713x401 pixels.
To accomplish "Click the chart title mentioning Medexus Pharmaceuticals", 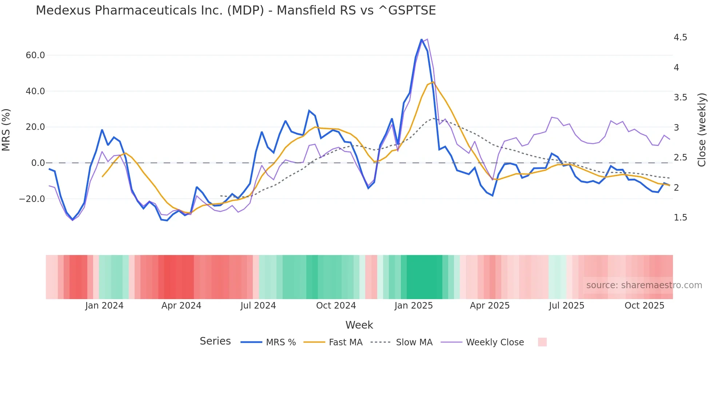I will click(x=236, y=11).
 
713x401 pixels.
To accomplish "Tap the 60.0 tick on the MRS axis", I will click(x=35, y=55).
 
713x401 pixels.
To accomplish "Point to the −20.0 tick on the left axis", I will click(x=32, y=199).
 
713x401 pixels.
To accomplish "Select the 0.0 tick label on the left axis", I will click(x=38, y=163).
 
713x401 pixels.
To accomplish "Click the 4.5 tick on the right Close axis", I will click(x=680, y=37).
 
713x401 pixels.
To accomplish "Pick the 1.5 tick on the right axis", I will click(x=680, y=218).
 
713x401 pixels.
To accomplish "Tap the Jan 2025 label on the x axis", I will click(x=414, y=306).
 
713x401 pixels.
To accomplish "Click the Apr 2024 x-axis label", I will click(x=181, y=306).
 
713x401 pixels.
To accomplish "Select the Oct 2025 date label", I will click(x=644, y=306).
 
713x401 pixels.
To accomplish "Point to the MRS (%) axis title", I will click(x=6, y=130).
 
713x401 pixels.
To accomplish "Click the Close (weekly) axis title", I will click(x=702, y=130).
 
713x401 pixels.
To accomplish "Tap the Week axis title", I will click(x=359, y=325).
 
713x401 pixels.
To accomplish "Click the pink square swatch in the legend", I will click(x=542, y=342).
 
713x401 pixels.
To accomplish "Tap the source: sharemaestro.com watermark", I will click(x=644, y=285).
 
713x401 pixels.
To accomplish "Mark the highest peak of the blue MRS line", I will click(x=422, y=39).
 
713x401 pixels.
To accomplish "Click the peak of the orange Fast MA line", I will click(x=433, y=82).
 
